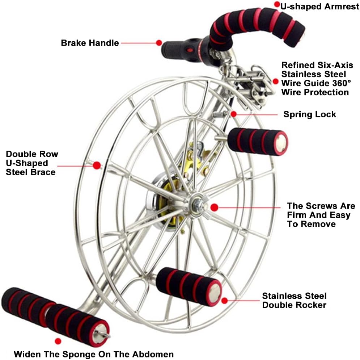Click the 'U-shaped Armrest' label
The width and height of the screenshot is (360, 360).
pos(320,7)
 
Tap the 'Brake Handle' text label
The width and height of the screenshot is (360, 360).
pos(90,43)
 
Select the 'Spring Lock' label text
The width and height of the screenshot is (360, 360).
pos(309,114)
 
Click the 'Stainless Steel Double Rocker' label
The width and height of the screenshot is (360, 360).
pos(294,300)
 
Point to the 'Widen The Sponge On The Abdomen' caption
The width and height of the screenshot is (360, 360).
pos(94,354)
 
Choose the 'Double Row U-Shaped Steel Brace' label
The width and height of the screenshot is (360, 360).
pos(32,163)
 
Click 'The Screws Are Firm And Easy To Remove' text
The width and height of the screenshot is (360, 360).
pos(321,215)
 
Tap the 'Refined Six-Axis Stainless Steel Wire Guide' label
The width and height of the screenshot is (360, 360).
pos(317,79)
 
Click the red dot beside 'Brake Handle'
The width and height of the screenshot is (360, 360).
pos(159,43)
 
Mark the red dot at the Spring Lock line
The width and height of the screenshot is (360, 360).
pos(233,114)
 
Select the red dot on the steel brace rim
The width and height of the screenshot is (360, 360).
pos(97,166)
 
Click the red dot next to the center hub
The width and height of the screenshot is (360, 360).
pos(214,208)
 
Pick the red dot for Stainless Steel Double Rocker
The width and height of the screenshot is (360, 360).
pos(225,301)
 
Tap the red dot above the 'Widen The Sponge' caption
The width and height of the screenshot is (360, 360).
pos(58,341)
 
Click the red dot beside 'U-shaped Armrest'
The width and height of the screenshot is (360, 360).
pos(277,4)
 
